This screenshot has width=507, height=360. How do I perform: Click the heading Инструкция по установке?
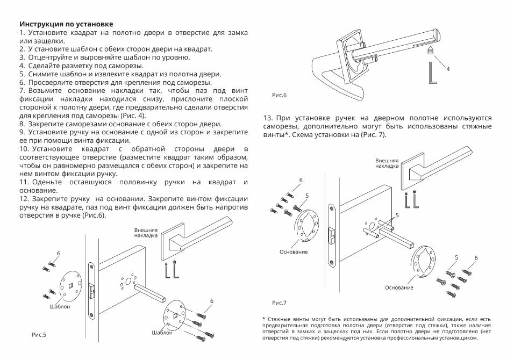tap(66, 25)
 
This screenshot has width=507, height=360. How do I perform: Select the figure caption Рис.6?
tap(280, 95)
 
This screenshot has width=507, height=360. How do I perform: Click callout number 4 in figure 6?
tap(448, 69)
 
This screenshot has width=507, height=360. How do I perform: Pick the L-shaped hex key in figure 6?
tap(433, 73)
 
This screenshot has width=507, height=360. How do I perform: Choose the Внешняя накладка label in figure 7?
tap(387, 163)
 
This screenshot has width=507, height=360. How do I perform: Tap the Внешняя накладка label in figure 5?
tap(146, 233)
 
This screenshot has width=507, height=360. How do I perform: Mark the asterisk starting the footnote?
tap(263, 319)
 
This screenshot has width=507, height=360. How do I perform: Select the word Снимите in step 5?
tap(42, 74)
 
